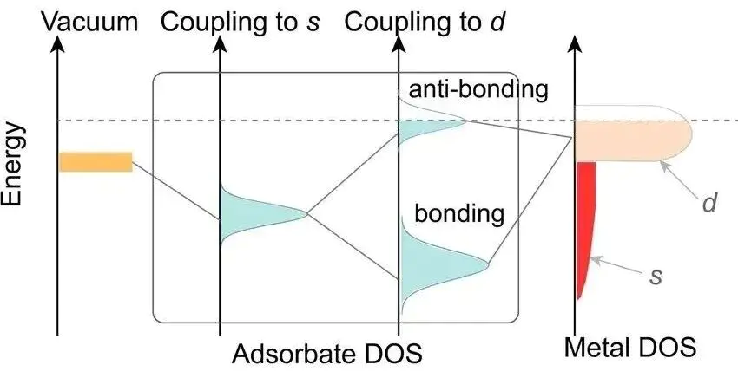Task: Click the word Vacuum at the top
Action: click(x=96, y=21)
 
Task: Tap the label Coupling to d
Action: click(x=426, y=21)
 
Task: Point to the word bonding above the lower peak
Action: click(x=459, y=213)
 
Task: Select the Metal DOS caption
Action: click(x=630, y=349)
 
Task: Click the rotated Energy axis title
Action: click(x=13, y=164)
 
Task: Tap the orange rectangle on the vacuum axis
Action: click(x=96, y=161)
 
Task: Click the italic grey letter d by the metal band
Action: click(x=709, y=205)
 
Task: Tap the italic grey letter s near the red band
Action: click(x=656, y=277)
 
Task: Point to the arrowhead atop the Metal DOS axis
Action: click(x=575, y=43)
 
